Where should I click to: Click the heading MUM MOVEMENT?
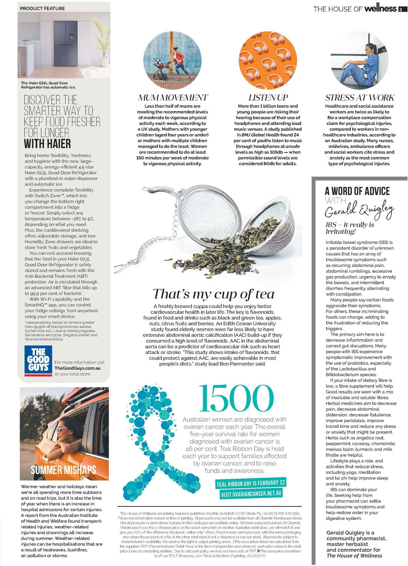point(172,98)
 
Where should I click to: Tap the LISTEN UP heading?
point(268,98)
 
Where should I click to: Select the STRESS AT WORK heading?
point(359,98)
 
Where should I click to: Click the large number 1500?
point(236,398)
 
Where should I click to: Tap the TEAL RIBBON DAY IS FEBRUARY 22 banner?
point(251,483)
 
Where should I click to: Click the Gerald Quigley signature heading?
point(359,210)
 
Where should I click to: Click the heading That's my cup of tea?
point(213,294)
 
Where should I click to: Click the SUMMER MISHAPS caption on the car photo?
point(64,470)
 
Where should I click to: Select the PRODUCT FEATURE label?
point(42,8)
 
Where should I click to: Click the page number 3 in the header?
point(401,9)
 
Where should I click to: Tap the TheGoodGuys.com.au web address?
point(77,368)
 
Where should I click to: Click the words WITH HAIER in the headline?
point(47,143)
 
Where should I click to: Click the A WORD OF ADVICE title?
point(357,191)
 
